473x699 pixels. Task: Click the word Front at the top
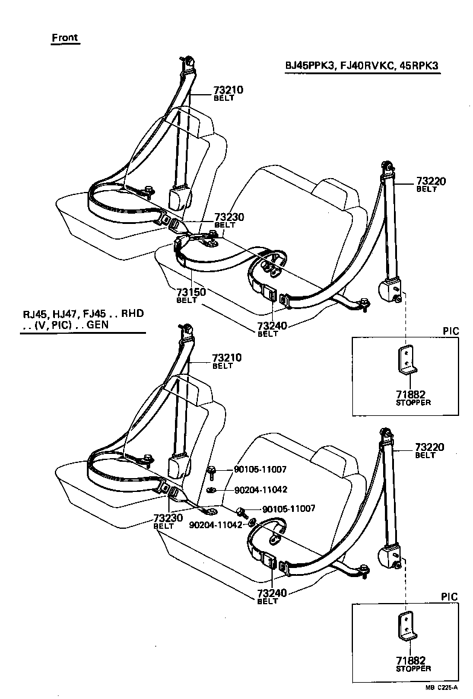pos(65,37)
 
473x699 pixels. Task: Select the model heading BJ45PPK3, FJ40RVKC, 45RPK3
pos(363,66)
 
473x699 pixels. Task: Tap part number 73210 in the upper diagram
pos(227,91)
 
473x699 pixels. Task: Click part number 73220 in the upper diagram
pos(430,181)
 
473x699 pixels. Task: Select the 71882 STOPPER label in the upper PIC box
pos(413,397)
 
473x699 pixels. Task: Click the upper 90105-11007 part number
pos(259,469)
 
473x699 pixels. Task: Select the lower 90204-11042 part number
pos(215,525)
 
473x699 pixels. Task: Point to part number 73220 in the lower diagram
pos(430,447)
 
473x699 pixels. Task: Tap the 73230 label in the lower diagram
pos(168,518)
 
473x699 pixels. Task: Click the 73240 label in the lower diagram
pos(272,594)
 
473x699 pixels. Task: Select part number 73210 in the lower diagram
pos(227,358)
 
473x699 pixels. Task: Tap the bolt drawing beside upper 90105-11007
pos(212,471)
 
